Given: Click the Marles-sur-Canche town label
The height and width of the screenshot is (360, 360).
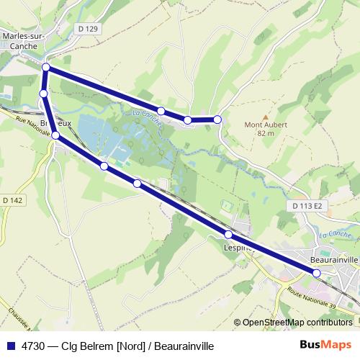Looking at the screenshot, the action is coord(24,39).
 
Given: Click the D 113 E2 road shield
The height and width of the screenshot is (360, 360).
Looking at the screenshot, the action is coord(310,206).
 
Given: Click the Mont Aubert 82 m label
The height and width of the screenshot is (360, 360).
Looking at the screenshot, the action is coord(266,128).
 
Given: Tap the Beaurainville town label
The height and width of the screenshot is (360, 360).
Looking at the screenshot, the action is coord(333,258).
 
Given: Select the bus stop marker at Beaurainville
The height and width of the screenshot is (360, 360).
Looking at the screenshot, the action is coord(317,272).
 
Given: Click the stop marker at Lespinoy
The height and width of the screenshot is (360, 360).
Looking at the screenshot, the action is coord(228,235).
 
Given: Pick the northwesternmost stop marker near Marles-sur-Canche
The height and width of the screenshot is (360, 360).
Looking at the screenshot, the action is coord(46,68).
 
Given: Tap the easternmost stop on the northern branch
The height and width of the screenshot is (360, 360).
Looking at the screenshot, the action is coord(217,120).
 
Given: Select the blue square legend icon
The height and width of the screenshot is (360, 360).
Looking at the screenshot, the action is coord(10,346).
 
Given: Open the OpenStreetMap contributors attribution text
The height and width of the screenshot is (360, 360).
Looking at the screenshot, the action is coord(297,323).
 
